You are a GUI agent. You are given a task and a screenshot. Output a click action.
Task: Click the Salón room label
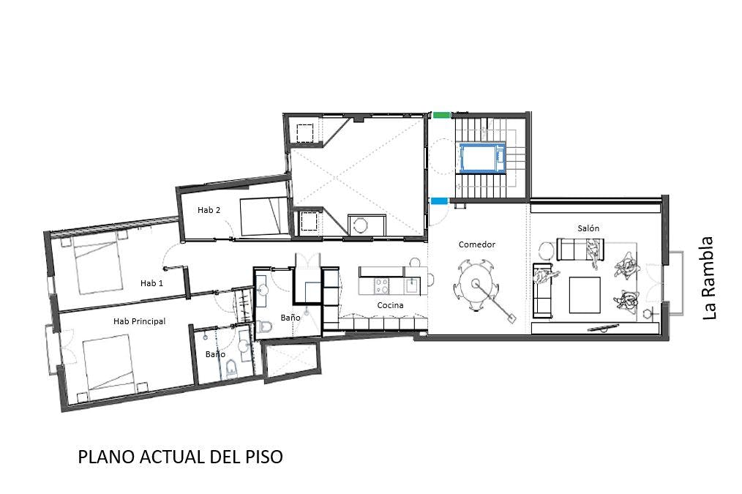pyautogui.click(x=588, y=228)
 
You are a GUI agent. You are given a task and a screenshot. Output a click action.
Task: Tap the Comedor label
pyautogui.click(x=477, y=244)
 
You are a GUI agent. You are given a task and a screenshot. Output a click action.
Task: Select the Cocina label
pyautogui.click(x=391, y=305)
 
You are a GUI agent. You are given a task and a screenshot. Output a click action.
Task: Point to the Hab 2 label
pyautogui.click(x=209, y=209)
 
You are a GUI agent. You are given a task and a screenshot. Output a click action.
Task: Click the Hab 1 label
pyautogui.click(x=151, y=283)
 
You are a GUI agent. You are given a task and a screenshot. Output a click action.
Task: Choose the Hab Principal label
pyautogui.click(x=139, y=321)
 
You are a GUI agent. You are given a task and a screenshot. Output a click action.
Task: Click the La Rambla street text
pyautogui.click(x=708, y=278)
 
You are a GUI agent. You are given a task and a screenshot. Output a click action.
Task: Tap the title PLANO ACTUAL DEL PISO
pyautogui.click(x=180, y=457)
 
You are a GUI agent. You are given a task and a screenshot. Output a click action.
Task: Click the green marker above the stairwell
pyautogui.click(x=441, y=114)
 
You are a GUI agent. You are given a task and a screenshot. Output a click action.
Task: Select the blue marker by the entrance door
pyautogui.click(x=439, y=201)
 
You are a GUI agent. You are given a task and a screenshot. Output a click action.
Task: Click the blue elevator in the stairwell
pyautogui.click(x=482, y=158)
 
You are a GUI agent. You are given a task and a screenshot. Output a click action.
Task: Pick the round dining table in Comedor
pyautogui.click(x=475, y=284)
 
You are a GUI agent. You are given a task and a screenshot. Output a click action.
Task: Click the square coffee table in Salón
pyautogui.click(x=585, y=295)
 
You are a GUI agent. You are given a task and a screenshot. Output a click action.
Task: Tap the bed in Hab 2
pyautogui.click(x=264, y=216)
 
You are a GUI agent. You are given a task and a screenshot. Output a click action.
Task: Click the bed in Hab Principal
pyautogui.click(x=110, y=363)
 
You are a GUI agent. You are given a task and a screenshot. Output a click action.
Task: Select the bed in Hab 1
pyautogui.click(x=97, y=266)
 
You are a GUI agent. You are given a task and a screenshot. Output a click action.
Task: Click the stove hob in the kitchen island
pyautogui.click(x=382, y=286)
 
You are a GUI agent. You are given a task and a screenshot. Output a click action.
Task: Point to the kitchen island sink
pyautogui.click(x=412, y=286)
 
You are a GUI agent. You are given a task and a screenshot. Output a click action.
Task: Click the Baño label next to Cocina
pyautogui.click(x=290, y=318)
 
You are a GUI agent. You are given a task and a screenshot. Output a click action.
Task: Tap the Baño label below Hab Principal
pyautogui.click(x=215, y=354)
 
